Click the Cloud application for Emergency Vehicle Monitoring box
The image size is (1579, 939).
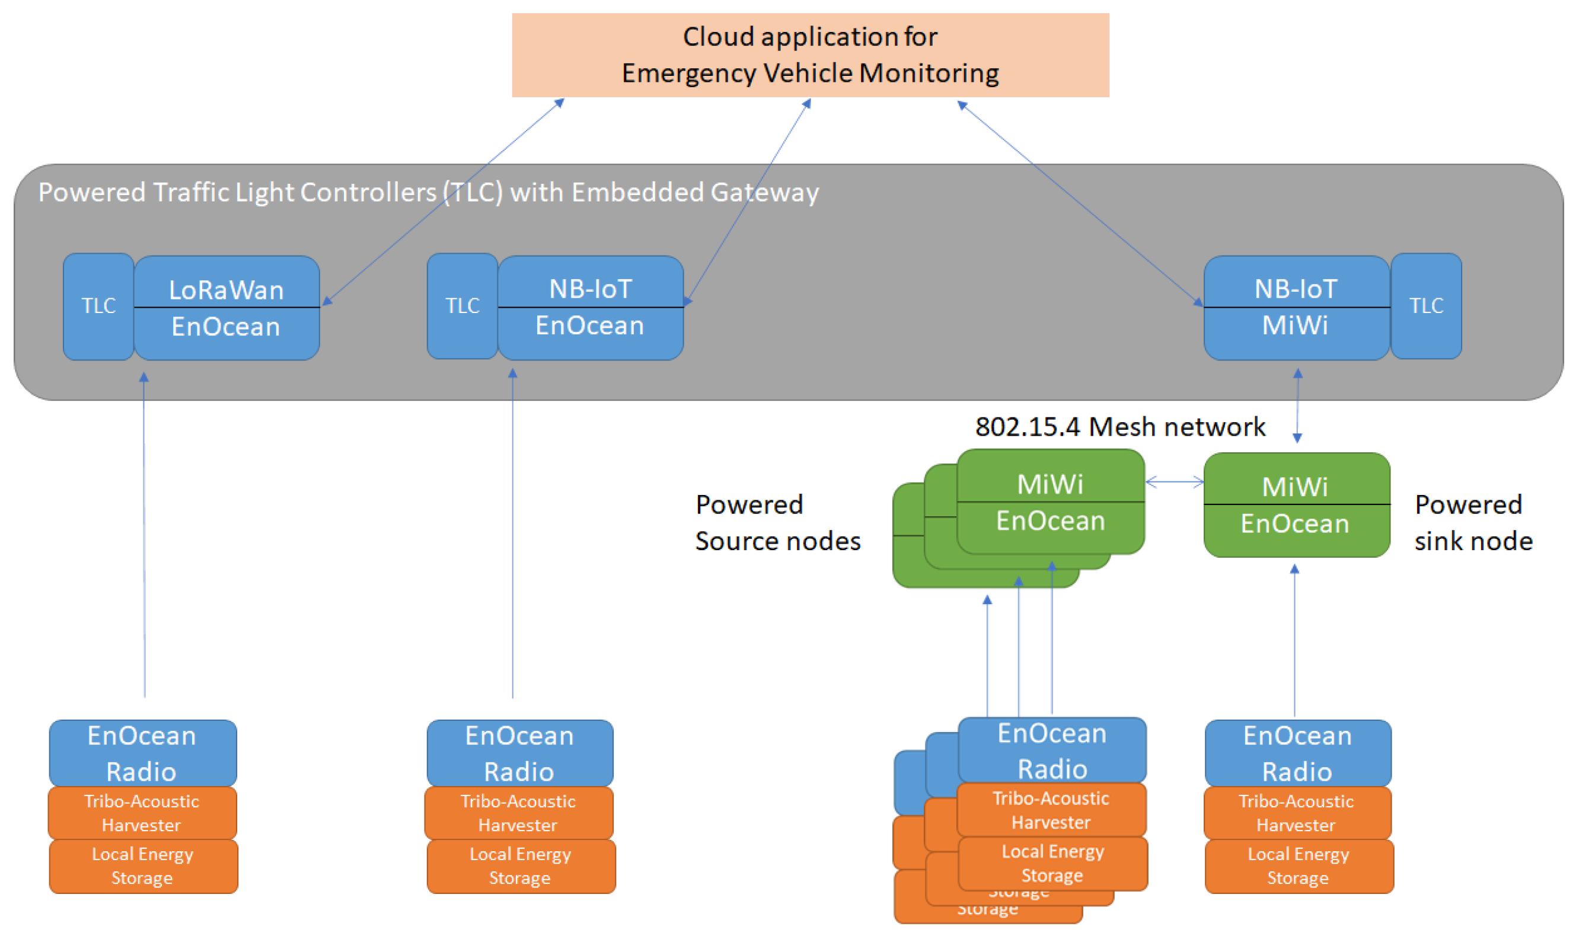tap(809, 55)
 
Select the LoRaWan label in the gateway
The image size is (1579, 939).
tap(226, 290)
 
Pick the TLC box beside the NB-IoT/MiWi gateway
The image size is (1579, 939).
tap(1425, 306)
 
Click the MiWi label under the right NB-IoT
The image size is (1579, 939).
tap(1294, 326)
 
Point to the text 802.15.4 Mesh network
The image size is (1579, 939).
tap(1119, 427)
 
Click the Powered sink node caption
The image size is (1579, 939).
tap(1473, 523)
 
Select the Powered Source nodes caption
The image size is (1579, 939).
tap(777, 523)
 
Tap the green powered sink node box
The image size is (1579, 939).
tap(1296, 505)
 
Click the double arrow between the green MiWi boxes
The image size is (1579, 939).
tap(1174, 483)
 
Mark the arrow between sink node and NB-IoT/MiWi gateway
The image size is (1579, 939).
tap(1297, 405)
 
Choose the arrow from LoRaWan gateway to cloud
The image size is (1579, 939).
tap(443, 201)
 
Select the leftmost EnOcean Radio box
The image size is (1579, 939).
tap(142, 753)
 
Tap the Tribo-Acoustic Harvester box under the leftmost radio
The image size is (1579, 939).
tap(142, 813)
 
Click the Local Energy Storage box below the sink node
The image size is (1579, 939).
tap(1298, 866)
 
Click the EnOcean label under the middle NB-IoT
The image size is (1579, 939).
tap(589, 326)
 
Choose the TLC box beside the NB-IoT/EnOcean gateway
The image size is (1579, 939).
tap(462, 306)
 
